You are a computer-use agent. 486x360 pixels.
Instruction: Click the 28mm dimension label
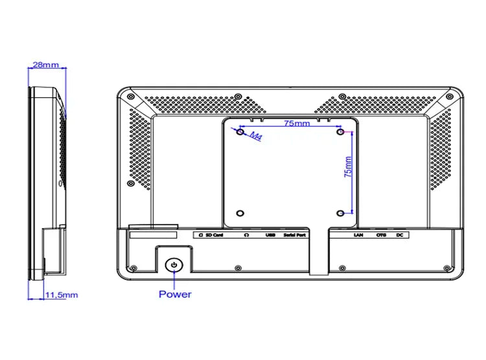pos(45,65)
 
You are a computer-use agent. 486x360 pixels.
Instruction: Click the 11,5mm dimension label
pos(62,295)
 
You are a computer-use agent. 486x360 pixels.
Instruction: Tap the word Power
pos(175,295)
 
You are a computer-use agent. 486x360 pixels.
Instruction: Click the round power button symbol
pos(174,265)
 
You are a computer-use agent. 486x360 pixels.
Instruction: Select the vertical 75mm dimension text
pos(348,166)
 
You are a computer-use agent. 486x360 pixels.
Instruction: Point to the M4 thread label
pos(256,137)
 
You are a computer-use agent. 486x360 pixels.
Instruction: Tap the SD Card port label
pos(213,235)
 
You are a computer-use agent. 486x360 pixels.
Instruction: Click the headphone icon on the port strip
pos(247,235)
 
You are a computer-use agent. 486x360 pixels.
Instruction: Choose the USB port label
pos(270,235)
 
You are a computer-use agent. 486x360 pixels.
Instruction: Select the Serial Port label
pos(295,235)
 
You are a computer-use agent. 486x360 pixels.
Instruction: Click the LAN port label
pos(358,235)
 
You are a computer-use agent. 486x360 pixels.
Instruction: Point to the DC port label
pos(400,235)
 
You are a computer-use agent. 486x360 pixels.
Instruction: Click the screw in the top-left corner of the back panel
pos(131,96)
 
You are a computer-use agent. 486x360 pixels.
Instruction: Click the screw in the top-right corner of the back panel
pos(450,96)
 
